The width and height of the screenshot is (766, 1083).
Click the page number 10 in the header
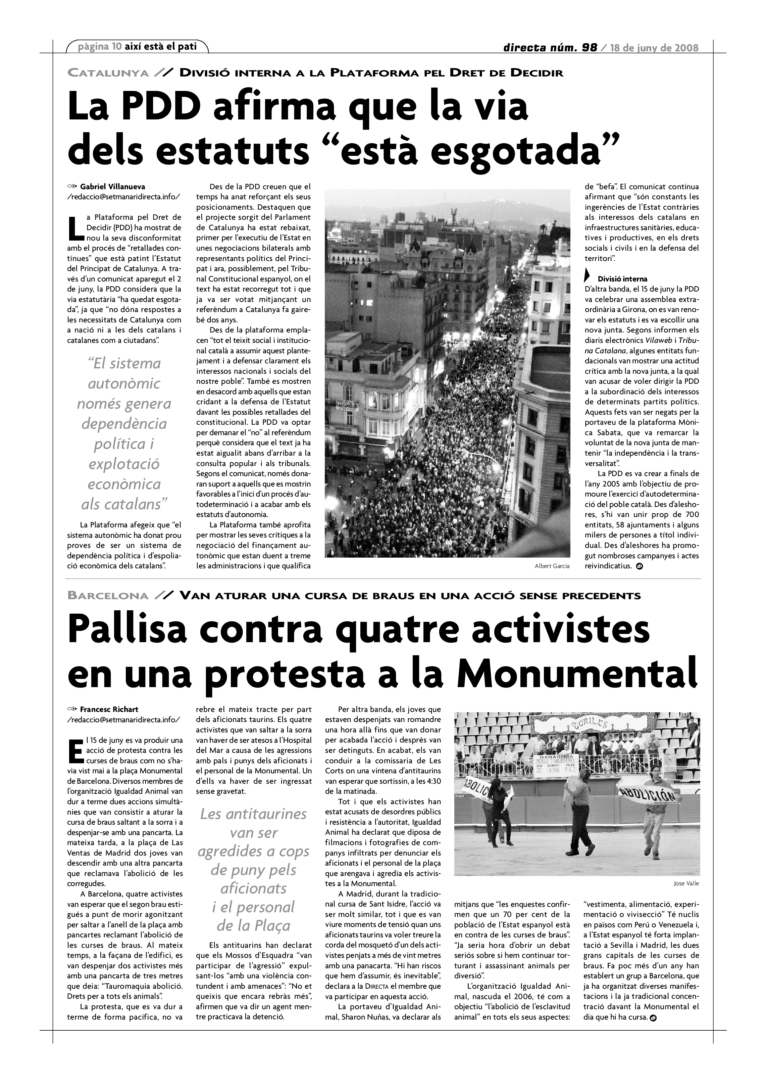[x=116, y=46]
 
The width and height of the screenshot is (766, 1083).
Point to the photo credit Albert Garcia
[x=552, y=566]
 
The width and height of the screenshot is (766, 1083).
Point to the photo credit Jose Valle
[x=686, y=883]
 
